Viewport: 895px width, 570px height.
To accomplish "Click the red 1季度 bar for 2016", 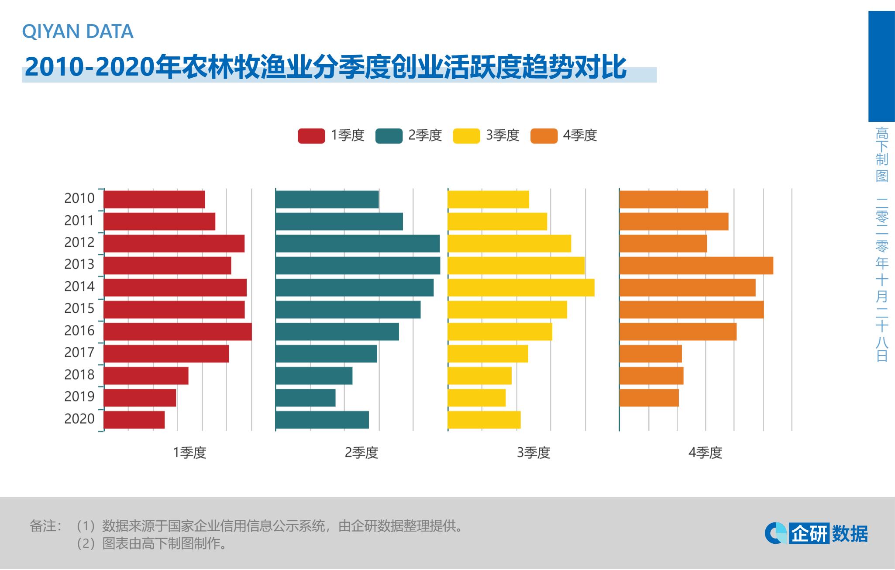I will pyautogui.click(x=177, y=332).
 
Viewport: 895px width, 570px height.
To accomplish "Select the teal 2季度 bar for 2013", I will pyautogui.click(x=358, y=266).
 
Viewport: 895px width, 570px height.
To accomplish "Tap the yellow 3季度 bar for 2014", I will pyautogui.click(x=521, y=287).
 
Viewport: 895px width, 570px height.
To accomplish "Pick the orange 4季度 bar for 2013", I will pyautogui.click(x=696, y=266).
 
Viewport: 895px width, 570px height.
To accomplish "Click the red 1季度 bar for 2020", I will pyautogui.click(x=134, y=420).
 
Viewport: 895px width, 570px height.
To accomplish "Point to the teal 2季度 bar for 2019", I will pyautogui.click(x=306, y=397).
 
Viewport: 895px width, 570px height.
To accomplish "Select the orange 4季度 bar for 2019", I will pyautogui.click(x=649, y=397).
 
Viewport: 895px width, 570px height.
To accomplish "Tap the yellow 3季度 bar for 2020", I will pyautogui.click(x=484, y=420).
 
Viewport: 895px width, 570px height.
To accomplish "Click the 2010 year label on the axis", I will pyautogui.click(x=79, y=198).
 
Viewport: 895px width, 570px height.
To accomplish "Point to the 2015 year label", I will pyautogui.click(x=79, y=308).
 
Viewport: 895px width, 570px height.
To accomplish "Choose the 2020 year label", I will pyautogui.click(x=79, y=418).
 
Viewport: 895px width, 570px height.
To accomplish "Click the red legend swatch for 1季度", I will pyautogui.click(x=311, y=136).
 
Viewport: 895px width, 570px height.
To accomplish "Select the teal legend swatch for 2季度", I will pyautogui.click(x=389, y=136).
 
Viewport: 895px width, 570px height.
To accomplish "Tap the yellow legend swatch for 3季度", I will pyautogui.click(x=466, y=136).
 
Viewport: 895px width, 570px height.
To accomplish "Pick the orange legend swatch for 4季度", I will pyautogui.click(x=544, y=136).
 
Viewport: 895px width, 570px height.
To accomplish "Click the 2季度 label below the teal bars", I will pyautogui.click(x=361, y=453).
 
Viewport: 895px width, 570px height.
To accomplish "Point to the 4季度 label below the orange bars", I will pyautogui.click(x=705, y=453).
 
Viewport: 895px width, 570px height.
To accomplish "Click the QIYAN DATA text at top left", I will pyautogui.click(x=78, y=31).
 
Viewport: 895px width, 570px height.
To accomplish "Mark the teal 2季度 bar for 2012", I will pyautogui.click(x=358, y=243).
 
